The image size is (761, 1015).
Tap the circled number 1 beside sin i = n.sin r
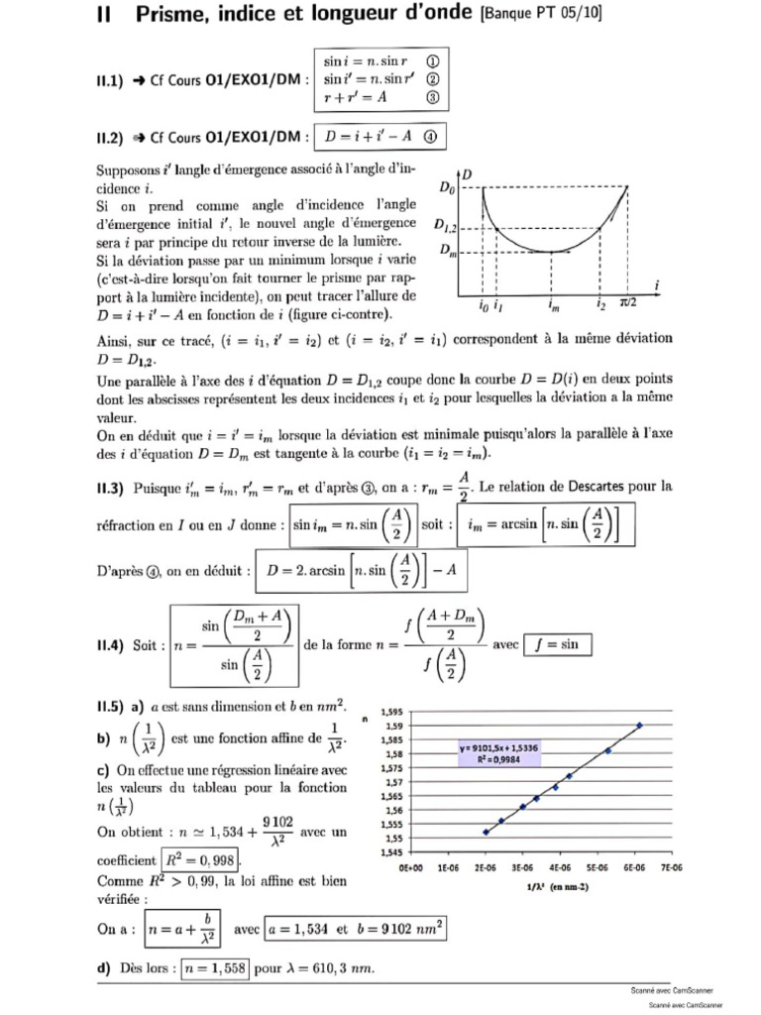[433, 60]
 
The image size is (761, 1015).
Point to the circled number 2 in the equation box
[433, 79]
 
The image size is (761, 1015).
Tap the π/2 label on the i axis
[630, 305]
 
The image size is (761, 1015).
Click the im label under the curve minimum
[552, 306]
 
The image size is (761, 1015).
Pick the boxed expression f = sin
[557, 645]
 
